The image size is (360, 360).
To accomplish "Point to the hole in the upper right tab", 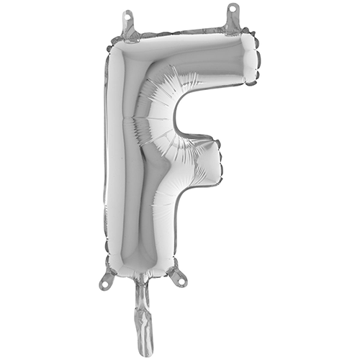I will pos(233,9).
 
